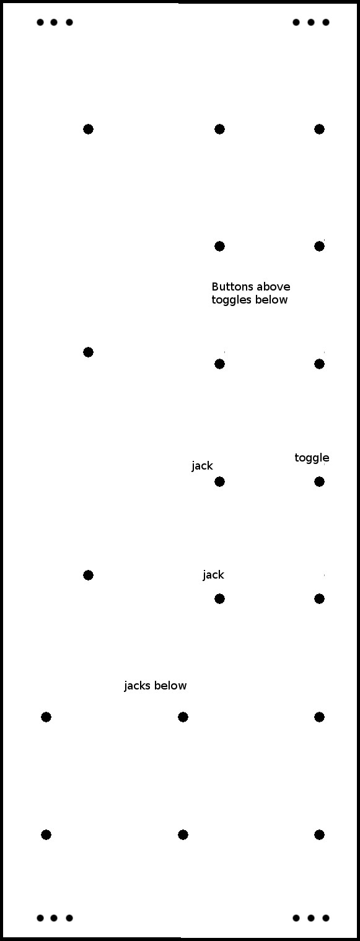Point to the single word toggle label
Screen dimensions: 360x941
coord(312,458)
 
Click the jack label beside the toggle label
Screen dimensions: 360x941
coord(203,466)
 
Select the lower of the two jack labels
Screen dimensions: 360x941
coord(213,575)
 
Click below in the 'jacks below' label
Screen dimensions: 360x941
coord(170,686)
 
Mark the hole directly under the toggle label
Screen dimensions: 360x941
coord(319,481)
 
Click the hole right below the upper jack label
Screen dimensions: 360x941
coord(219,481)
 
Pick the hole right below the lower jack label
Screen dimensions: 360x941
coord(219,598)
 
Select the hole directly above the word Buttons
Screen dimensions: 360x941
coord(219,246)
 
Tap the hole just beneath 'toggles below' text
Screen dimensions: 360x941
coord(219,364)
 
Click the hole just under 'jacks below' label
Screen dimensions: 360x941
coord(183,717)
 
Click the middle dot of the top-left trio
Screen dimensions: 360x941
coord(54,22)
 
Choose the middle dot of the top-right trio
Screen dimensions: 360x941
coord(311,22)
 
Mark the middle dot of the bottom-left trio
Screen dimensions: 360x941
coord(54,918)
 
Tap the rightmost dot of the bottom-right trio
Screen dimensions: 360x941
coord(325,918)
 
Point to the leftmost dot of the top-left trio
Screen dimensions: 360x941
coord(40,22)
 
